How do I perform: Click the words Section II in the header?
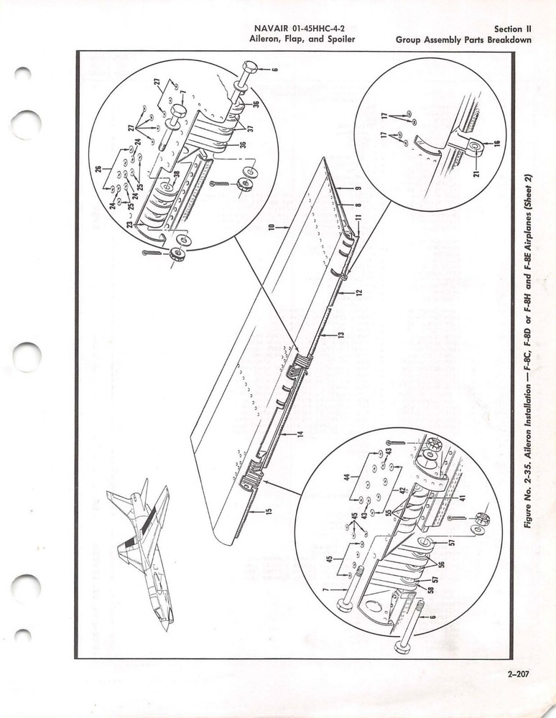tap(511, 29)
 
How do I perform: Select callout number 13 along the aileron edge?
tap(342, 335)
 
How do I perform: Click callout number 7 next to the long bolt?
tap(327, 589)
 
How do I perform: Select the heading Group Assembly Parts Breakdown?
tap(463, 39)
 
